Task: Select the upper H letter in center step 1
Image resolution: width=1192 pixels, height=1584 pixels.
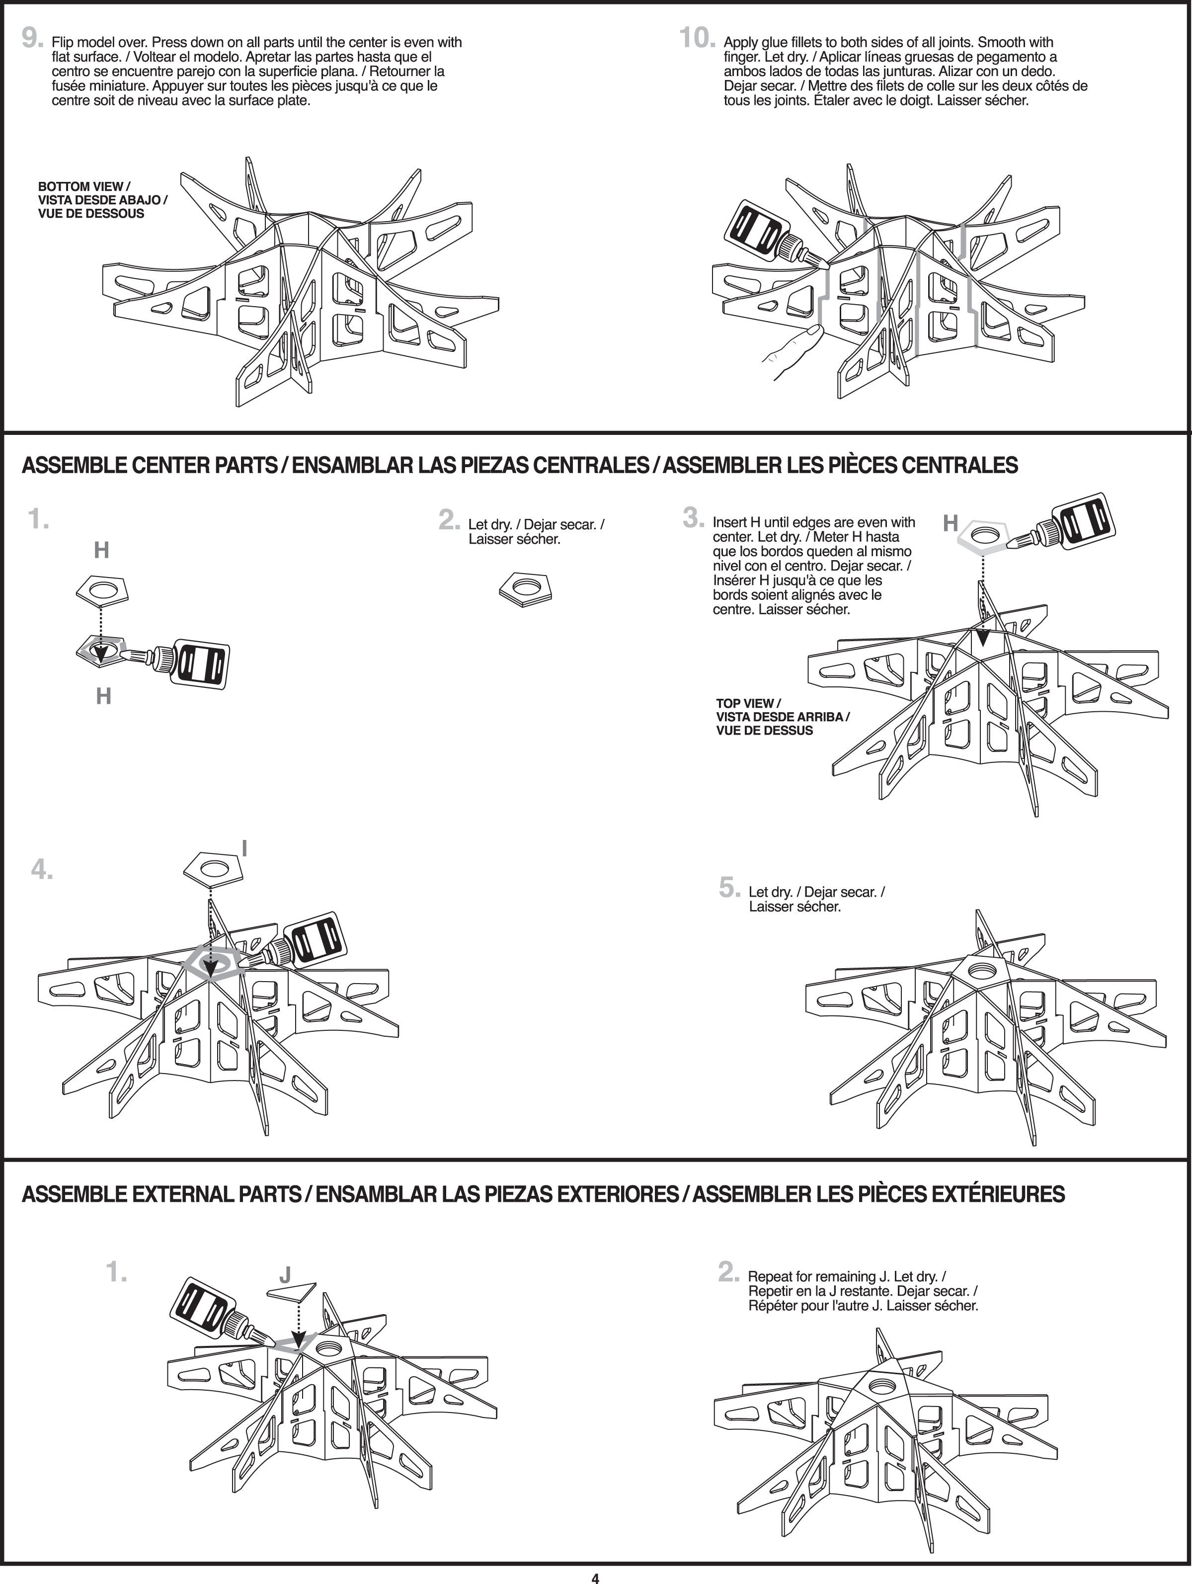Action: click(x=102, y=550)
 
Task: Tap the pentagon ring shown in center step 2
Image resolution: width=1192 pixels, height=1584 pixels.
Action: click(x=526, y=588)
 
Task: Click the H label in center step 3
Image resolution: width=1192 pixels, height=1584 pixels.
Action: click(x=950, y=523)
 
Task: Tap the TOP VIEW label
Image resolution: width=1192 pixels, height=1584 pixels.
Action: click(x=782, y=716)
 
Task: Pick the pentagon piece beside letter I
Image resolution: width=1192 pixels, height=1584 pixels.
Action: click(x=213, y=869)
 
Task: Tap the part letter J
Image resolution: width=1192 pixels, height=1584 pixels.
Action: click(x=285, y=1275)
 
